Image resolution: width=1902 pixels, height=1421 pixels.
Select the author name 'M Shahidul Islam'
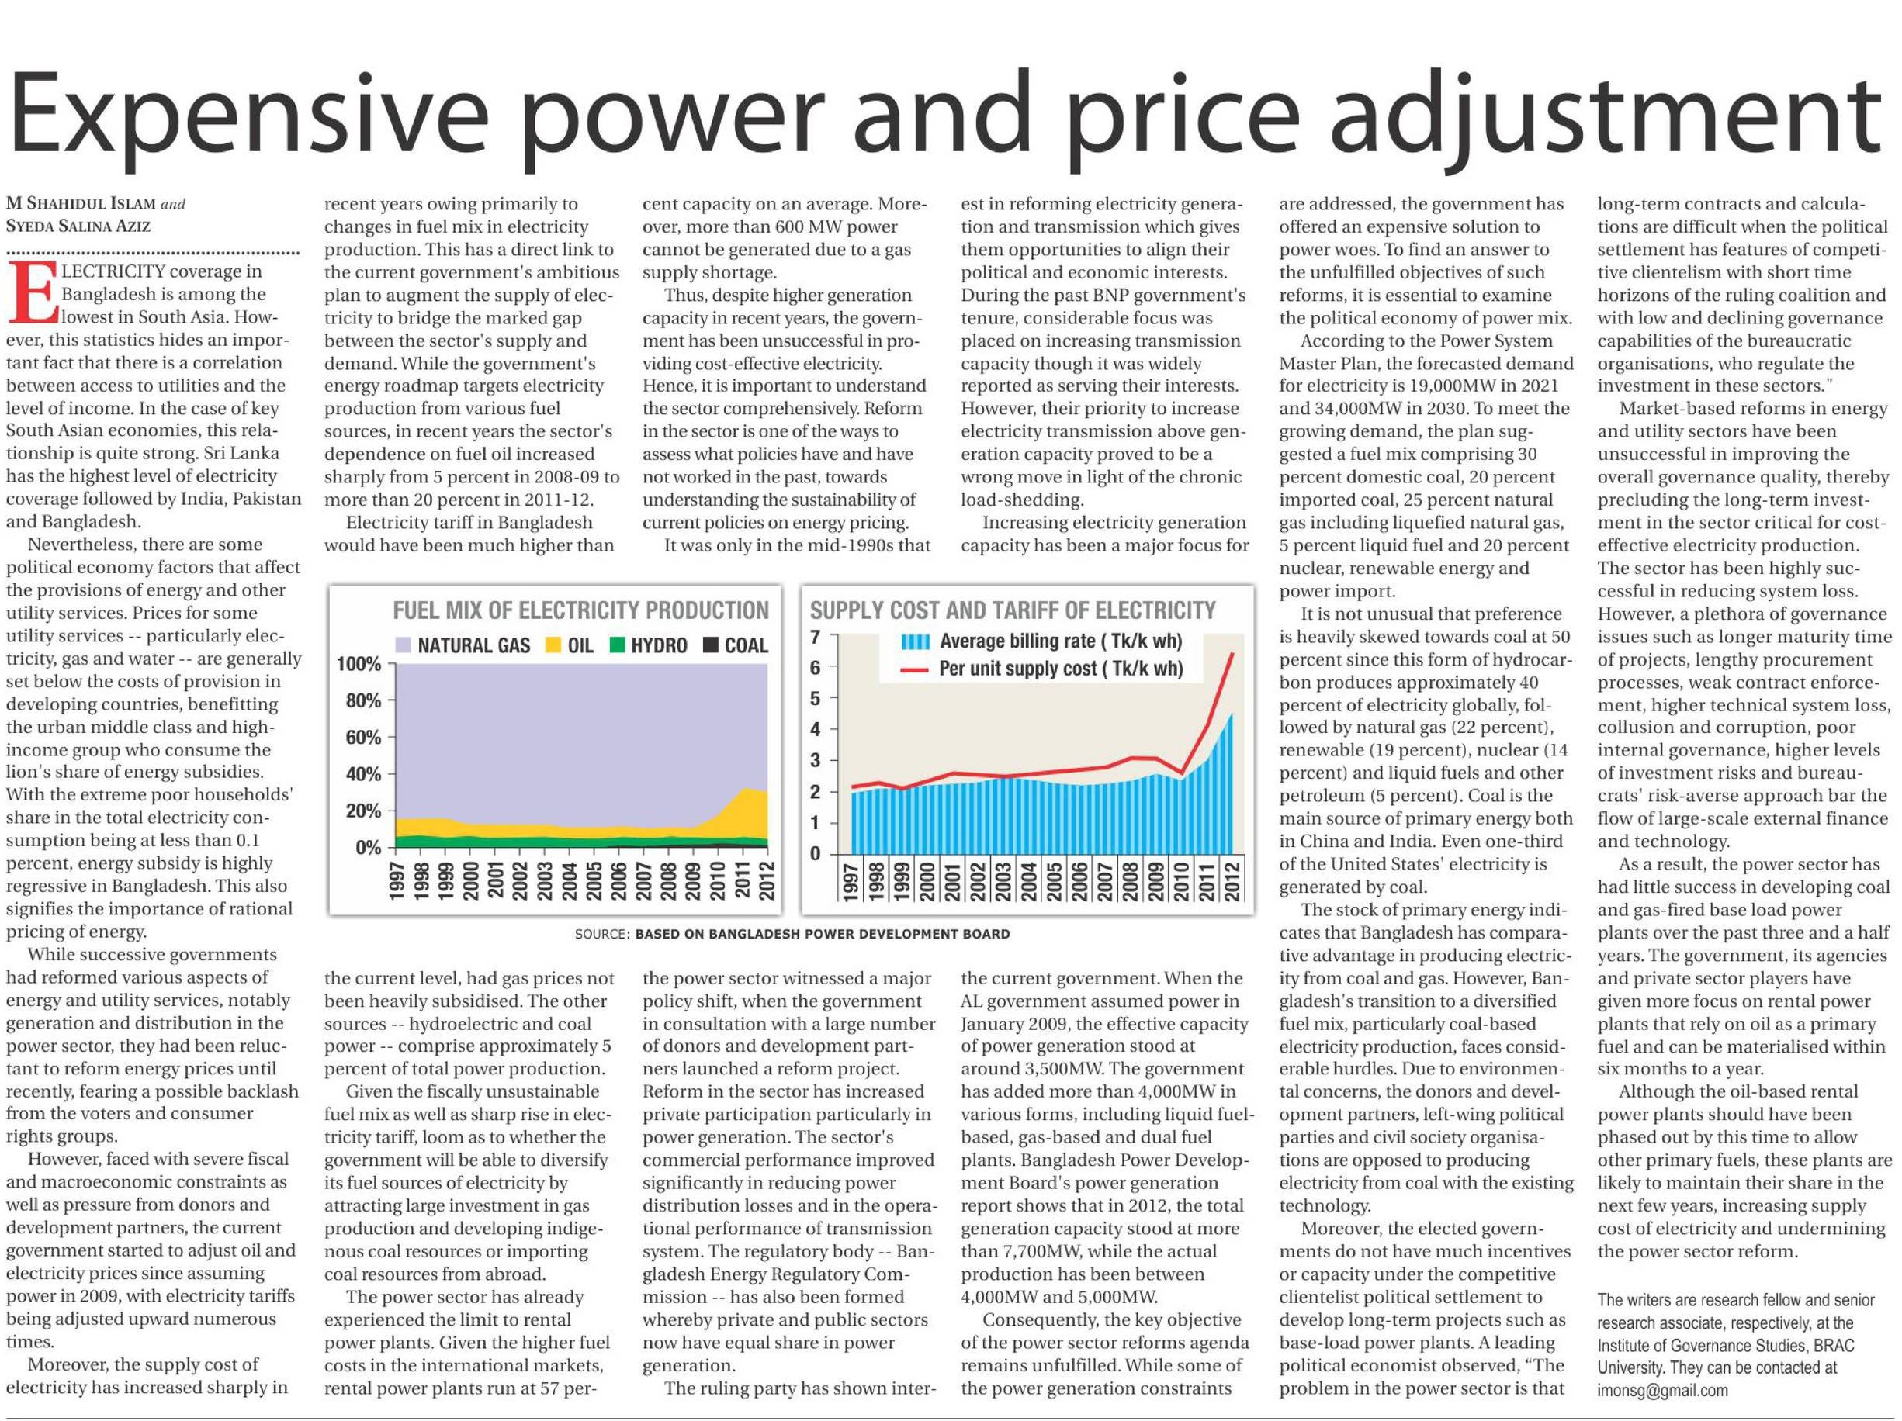[x=81, y=204]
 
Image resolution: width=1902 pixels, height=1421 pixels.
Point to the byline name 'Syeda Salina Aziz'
[x=78, y=226]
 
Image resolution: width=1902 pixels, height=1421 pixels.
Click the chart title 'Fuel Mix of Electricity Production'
[x=580, y=610]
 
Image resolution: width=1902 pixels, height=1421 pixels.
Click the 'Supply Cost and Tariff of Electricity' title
[x=1012, y=610]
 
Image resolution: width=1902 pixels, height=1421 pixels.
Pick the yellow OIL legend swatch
[x=554, y=645]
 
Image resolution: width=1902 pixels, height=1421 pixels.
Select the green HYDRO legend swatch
[x=616, y=645]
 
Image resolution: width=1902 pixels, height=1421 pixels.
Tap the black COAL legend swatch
[x=711, y=645]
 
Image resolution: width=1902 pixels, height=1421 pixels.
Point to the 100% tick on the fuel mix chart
[x=358, y=664]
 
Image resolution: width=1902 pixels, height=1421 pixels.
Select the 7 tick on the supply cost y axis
[x=815, y=637]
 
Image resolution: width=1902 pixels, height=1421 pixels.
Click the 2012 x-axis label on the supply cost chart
[x=1233, y=880]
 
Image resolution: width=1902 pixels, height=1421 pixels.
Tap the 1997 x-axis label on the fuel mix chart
[x=397, y=880]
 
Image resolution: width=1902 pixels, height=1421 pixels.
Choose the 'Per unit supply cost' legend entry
[x=1060, y=669]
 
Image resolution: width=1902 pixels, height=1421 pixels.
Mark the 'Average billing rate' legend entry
[x=1060, y=641]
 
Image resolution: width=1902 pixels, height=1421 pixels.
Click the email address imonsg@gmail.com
[x=1662, y=1390]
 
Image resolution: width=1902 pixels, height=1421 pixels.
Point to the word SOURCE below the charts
[x=601, y=935]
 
